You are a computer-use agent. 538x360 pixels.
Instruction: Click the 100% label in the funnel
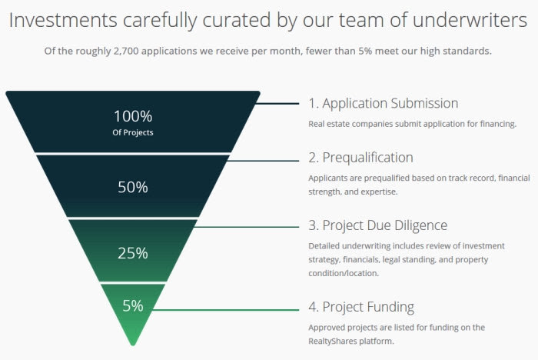tap(133, 116)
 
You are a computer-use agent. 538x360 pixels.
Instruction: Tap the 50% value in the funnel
tap(133, 187)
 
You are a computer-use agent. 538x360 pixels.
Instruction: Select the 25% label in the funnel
tap(133, 253)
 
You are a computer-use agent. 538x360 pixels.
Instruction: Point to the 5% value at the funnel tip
tap(133, 305)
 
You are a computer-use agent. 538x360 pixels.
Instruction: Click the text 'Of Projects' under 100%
tap(133, 132)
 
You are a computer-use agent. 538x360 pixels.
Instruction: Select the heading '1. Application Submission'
tap(383, 103)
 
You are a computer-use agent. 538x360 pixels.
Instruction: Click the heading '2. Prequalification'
tap(360, 157)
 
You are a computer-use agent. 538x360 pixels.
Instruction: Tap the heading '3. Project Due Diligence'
tap(377, 225)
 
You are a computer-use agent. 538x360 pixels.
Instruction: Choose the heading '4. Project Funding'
tap(360, 306)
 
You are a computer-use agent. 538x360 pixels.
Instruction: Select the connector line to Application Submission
tap(278, 103)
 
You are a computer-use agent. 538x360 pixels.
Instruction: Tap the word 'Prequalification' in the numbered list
tap(369, 157)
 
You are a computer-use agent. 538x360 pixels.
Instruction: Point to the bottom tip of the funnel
tap(133, 344)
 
